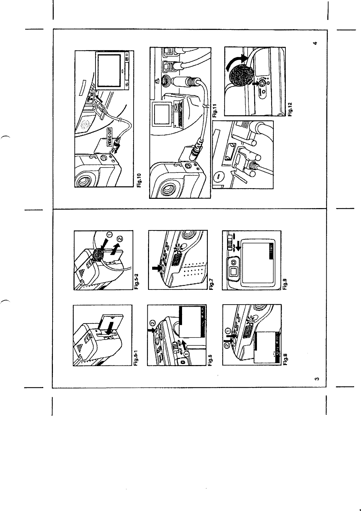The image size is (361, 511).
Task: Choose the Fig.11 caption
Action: [215, 112]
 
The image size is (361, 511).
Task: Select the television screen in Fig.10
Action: [109, 69]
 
